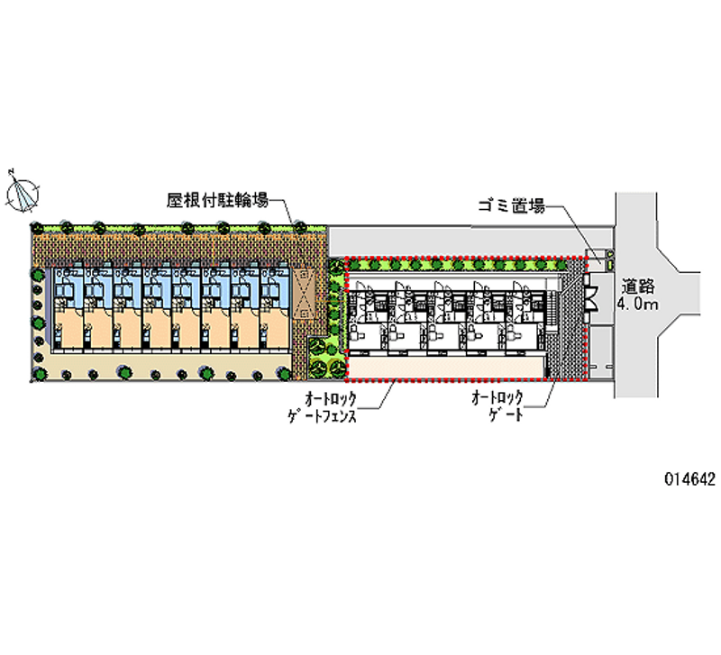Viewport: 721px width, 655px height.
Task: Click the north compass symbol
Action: [x=23, y=192]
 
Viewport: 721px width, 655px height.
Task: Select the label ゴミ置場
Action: [x=511, y=207]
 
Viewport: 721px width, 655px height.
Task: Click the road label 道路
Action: [x=639, y=286]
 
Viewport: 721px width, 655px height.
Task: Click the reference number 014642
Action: [x=687, y=480]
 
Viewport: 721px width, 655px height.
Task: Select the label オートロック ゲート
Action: [x=496, y=407]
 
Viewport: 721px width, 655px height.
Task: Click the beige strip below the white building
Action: [x=446, y=368]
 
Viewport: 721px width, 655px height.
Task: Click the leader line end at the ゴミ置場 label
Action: [x=548, y=207]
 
